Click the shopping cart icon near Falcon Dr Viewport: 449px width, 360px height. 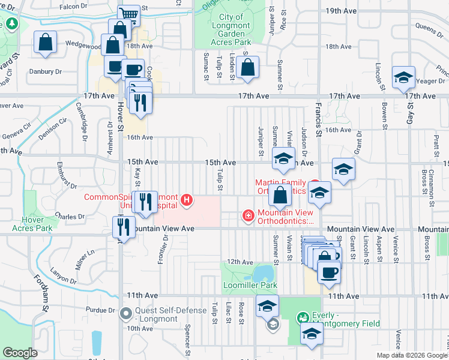click(x=128, y=14)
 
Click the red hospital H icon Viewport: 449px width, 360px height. click(x=187, y=200)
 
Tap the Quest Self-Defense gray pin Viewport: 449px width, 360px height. click(x=125, y=313)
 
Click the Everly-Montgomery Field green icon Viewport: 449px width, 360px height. click(x=303, y=317)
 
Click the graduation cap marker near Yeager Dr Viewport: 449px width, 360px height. click(x=403, y=77)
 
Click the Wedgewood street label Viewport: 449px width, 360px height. click(x=82, y=45)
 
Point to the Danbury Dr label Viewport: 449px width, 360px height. click(x=46, y=71)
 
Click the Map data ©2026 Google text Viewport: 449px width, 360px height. click(x=412, y=355)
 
